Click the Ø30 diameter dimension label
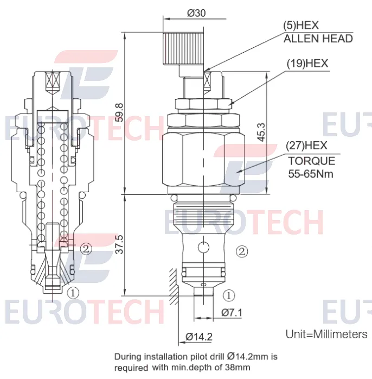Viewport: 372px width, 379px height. click(x=196, y=13)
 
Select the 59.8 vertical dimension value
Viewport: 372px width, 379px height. click(x=119, y=112)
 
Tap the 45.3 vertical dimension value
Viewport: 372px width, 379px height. click(x=261, y=132)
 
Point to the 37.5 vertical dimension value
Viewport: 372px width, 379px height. click(x=119, y=244)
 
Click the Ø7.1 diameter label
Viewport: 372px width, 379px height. click(x=232, y=313)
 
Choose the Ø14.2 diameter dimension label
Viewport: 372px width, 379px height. click(x=199, y=337)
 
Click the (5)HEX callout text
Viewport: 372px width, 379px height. click(x=301, y=25)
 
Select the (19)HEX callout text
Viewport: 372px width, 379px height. click(x=307, y=64)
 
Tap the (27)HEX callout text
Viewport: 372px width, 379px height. click(x=306, y=146)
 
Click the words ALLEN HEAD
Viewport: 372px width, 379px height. click(x=318, y=39)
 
